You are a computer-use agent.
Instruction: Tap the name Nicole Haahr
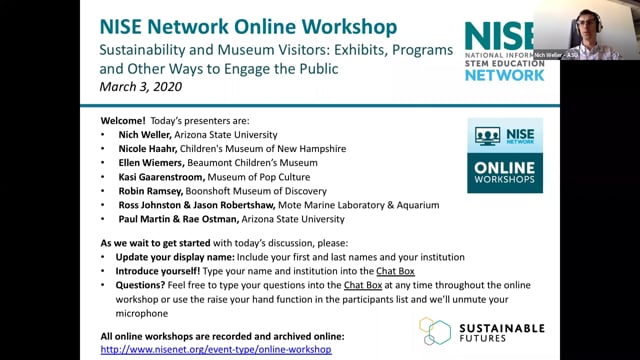[152, 148]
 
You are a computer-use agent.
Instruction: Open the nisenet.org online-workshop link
[216, 350]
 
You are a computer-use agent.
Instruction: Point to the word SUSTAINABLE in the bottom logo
[498, 327]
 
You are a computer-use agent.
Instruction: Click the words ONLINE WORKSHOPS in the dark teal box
[505, 172]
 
